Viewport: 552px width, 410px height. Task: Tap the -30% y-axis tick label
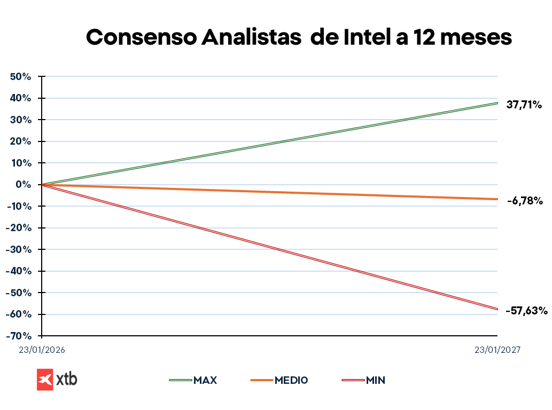point(20,249)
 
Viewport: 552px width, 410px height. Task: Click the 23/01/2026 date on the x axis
point(42,350)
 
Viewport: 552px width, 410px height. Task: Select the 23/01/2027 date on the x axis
point(497,350)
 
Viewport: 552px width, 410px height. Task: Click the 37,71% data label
point(524,105)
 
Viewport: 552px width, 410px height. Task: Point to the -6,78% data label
point(525,201)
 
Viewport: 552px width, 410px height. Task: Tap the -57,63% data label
point(526,310)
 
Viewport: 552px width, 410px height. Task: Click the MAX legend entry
point(205,380)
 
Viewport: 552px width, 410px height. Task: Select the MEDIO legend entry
point(291,380)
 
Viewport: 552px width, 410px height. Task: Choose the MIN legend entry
point(376,380)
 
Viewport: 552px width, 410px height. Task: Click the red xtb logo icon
point(45,380)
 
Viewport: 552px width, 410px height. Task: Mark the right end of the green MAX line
point(497,103)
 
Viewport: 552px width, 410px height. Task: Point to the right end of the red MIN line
point(497,309)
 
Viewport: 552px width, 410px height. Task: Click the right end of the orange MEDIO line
point(497,199)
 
